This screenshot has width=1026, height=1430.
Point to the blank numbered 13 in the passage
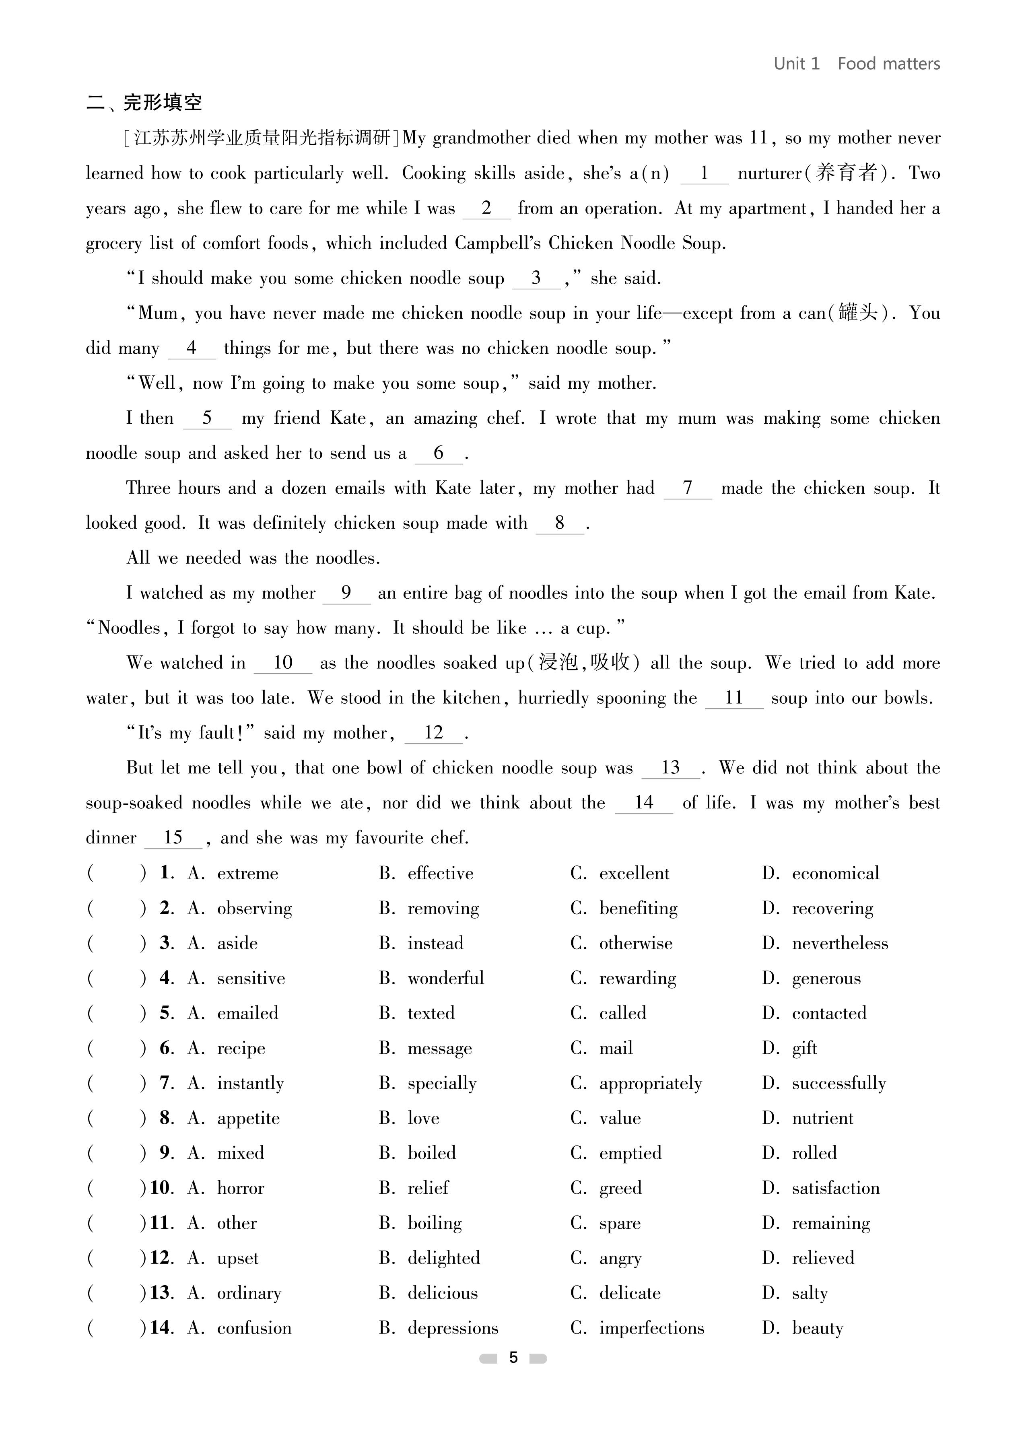coord(670,768)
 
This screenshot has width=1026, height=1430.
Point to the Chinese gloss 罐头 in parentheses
coord(858,313)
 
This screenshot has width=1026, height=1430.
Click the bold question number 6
coord(166,1048)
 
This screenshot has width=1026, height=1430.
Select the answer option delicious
coord(442,1293)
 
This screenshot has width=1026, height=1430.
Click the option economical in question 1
coord(835,873)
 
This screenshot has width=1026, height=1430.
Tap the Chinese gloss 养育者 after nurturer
coord(846,173)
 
